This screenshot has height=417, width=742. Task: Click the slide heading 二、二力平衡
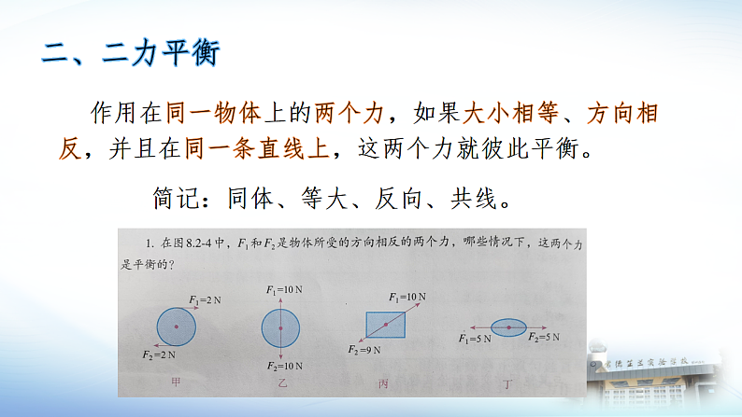[131, 51]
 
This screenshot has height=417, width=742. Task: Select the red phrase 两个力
[350, 115]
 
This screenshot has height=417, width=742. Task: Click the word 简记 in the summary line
[170, 197]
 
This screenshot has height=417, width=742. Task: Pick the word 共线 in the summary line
[483, 197]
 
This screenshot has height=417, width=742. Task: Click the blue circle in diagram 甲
[176, 326]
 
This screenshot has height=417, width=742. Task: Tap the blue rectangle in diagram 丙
[385, 326]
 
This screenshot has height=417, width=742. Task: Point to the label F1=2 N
[205, 299]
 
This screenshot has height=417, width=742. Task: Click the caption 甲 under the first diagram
[176, 383]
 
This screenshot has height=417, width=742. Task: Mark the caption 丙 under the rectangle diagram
[383, 383]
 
